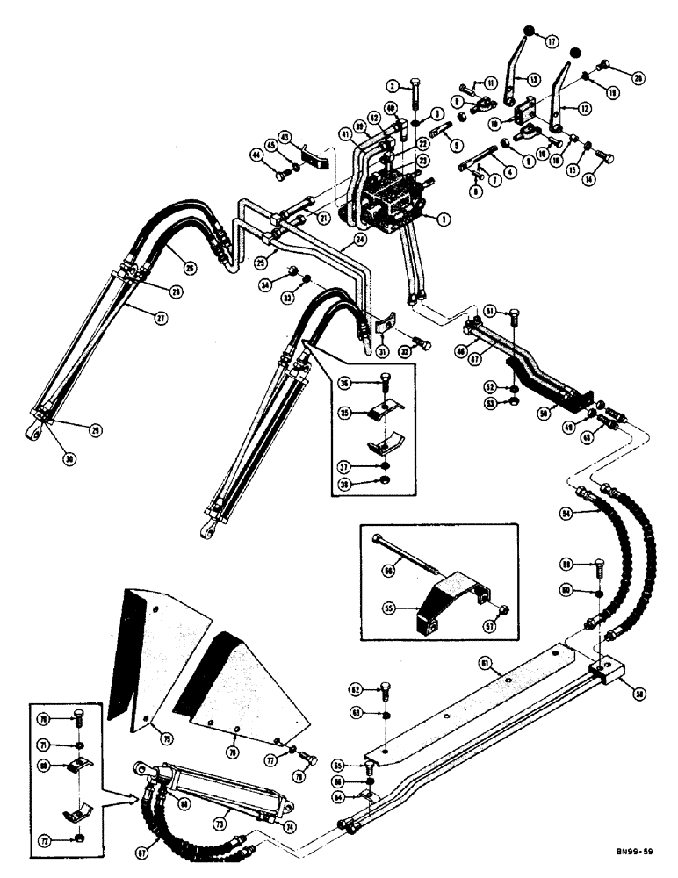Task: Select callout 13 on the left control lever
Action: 531,78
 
